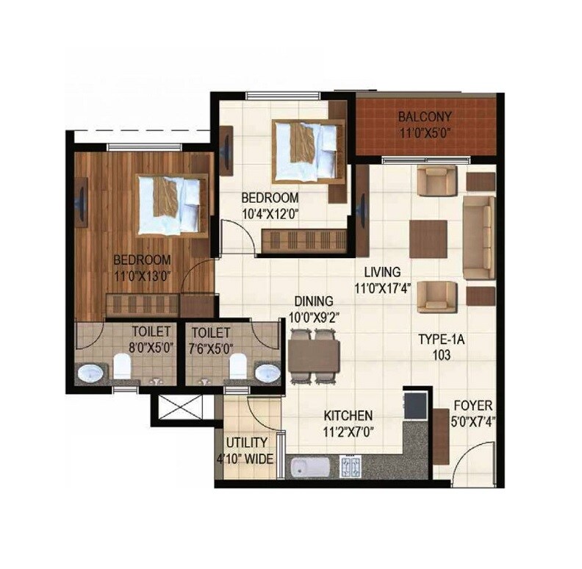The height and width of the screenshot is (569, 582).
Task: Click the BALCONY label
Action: tap(425, 116)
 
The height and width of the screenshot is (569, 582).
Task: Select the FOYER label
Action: tap(473, 406)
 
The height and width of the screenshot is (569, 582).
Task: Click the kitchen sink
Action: tap(309, 467)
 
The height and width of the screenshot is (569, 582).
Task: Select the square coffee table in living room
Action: tap(428, 239)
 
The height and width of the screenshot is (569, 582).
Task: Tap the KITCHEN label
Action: tap(348, 415)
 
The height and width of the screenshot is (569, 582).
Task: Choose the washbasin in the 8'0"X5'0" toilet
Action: tap(91, 373)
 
